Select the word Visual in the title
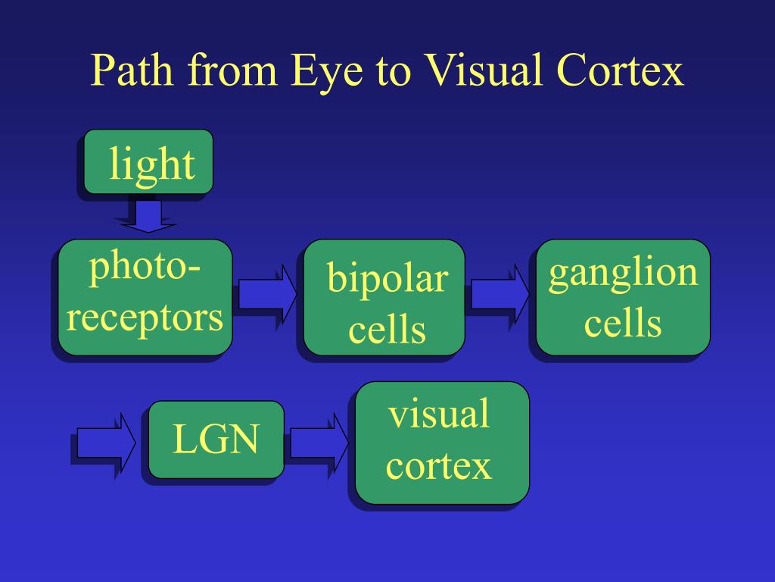(x=474, y=71)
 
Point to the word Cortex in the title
(x=621, y=71)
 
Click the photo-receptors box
(x=145, y=297)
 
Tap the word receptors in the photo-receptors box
(x=145, y=318)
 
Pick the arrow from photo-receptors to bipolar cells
(x=266, y=294)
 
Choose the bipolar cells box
(x=384, y=297)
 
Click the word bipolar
(x=387, y=280)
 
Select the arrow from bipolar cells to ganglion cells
(x=500, y=294)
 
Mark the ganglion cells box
(x=623, y=297)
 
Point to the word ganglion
(x=623, y=274)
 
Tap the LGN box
(x=216, y=440)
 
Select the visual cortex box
(x=442, y=443)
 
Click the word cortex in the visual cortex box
(x=439, y=466)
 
